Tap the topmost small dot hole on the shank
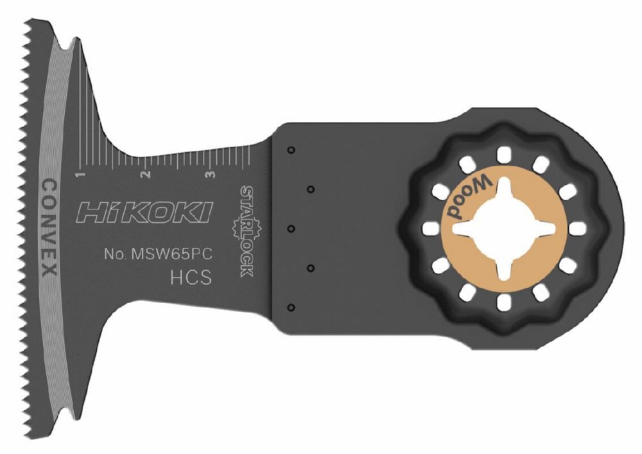click(x=290, y=150)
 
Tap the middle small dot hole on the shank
click(x=290, y=228)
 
